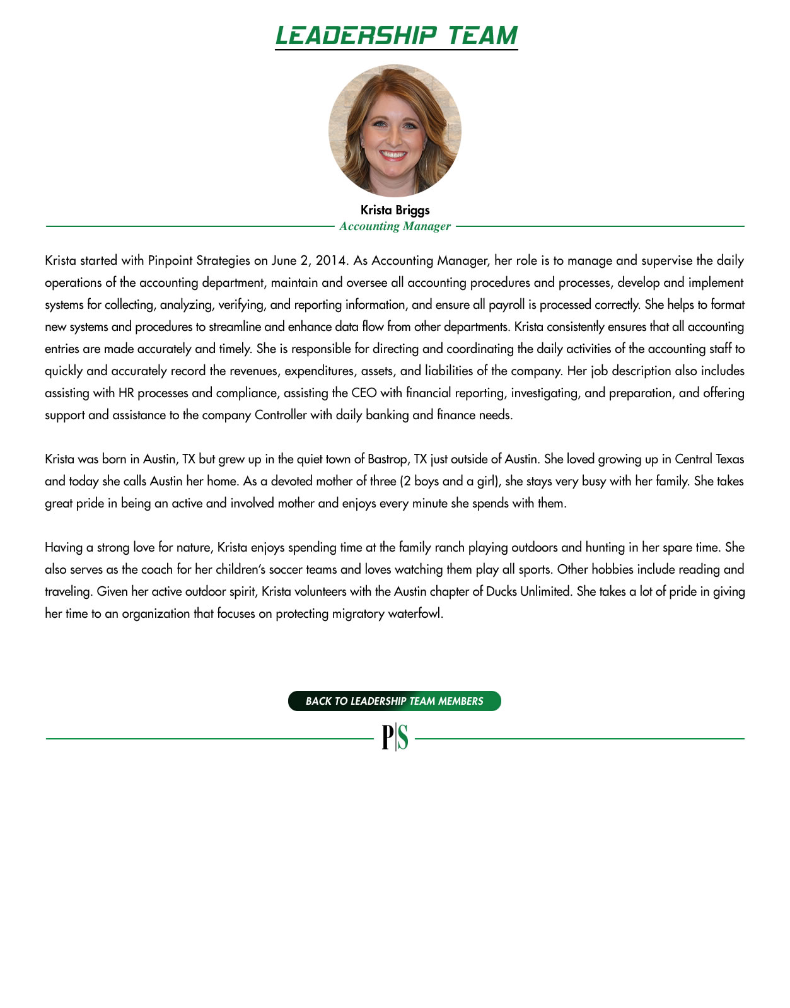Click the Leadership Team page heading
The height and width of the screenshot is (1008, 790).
point(396,36)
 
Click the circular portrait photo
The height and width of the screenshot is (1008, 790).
point(395,130)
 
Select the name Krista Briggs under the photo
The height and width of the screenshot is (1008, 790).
point(395,210)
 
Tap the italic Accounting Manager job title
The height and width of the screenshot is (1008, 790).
point(395,226)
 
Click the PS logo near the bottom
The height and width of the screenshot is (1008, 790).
point(395,738)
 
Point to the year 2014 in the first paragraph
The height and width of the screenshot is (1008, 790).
point(330,260)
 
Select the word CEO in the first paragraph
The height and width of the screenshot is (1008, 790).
point(364,393)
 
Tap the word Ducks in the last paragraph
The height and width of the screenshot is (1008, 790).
point(502,591)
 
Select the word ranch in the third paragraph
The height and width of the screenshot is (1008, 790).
point(450,547)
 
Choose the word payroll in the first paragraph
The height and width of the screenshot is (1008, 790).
point(507,304)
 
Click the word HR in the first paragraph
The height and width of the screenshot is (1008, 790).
point(125,393)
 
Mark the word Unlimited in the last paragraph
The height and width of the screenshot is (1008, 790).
point(545,591)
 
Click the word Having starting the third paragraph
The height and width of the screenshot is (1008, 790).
point(64,547)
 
